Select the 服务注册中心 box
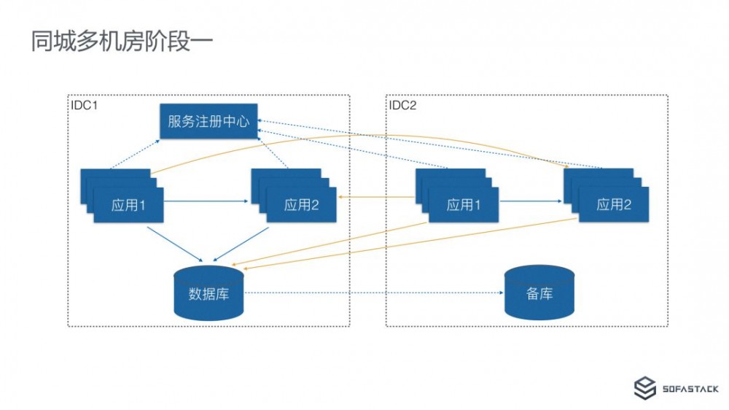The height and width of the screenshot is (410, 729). [x=208, y=122]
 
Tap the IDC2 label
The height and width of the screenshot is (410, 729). [x=402, y=105]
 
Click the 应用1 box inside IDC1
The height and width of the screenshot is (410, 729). [x=128, y=205]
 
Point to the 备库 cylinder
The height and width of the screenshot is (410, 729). [x=539, y=293]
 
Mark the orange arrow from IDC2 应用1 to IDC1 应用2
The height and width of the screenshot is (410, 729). [x=375, y=197]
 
